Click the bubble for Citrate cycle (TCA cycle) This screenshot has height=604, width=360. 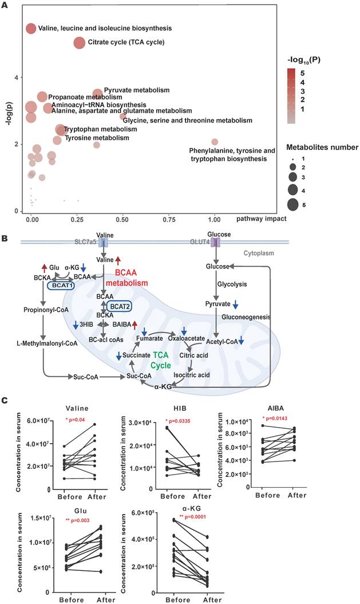point(79,42)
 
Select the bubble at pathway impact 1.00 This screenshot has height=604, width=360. point(215,141)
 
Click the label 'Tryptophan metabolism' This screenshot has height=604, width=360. point(100,129)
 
